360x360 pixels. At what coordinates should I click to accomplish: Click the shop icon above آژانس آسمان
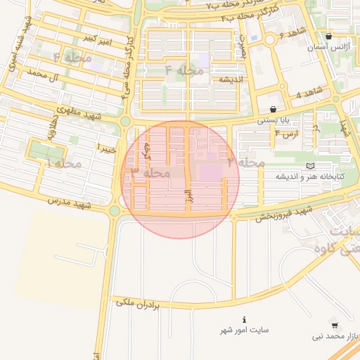pyautogui.click(x=330, y=36)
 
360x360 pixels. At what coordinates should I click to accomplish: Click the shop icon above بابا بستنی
pyautogui.click(x=273, y=109)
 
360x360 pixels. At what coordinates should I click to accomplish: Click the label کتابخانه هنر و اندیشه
pyautogui.click(x=309, y=176)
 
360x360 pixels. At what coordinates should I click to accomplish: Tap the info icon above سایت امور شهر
pyautogui.click(x=244, y=319)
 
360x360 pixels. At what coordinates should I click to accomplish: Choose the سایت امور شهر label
pyautogui.click(x=244, y=330)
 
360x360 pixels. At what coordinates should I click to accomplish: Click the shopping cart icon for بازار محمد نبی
pyautogui.click(x=334, y=325)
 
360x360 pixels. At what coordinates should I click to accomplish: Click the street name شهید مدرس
pyautogui.click(x=70, y=202)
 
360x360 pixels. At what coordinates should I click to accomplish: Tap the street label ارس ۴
pyautogui.click(x=288, y=133)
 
